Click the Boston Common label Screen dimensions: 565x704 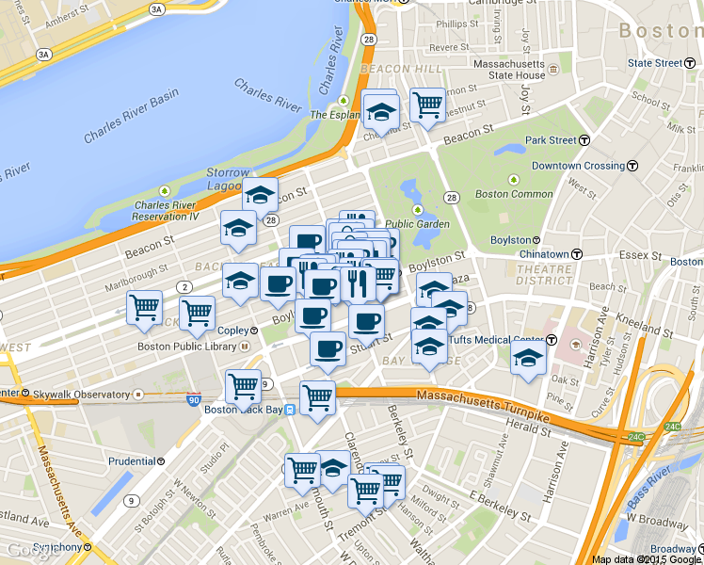[514, 194]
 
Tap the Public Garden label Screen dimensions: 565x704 [417, 224]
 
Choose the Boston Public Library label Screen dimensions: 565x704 [186, 347]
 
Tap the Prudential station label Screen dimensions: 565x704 [132, 461]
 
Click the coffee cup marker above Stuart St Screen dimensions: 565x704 [328, 348]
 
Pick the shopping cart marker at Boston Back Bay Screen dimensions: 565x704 [243, 386]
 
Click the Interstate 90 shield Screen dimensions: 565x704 [194, 400]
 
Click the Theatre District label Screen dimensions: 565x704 [543, 274]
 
